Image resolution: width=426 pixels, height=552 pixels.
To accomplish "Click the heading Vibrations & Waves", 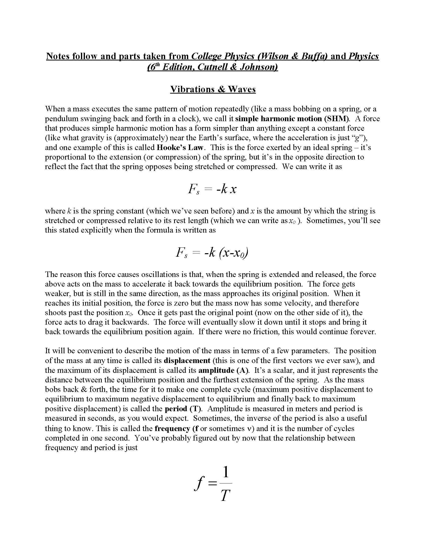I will coord(213,89).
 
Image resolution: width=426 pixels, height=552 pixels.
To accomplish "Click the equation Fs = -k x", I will coord(212,189).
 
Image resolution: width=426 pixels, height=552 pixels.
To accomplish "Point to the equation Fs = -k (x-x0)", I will coord(212,252).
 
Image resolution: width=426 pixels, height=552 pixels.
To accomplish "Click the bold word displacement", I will coord(187,360).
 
